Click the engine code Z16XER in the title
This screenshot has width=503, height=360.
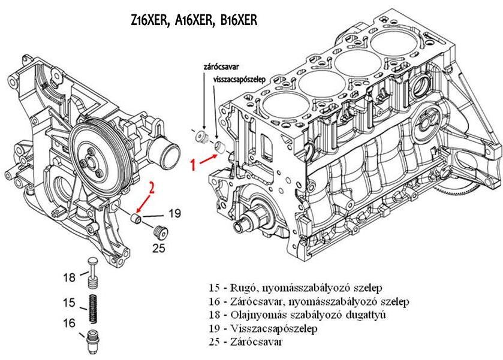(149, 22)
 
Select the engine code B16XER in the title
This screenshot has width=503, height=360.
(238, 22)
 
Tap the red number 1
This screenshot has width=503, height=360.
(192, 165)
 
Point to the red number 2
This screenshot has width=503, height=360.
(152, 188)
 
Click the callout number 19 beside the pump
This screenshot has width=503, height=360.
(174, 213)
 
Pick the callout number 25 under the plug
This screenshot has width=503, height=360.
(158, 248)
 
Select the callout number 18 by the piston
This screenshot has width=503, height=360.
(70, 277)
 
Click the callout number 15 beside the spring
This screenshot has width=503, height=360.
(70, 302)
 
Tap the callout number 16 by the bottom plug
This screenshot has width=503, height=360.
(70, 323)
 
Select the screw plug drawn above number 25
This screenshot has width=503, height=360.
(160, 230)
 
